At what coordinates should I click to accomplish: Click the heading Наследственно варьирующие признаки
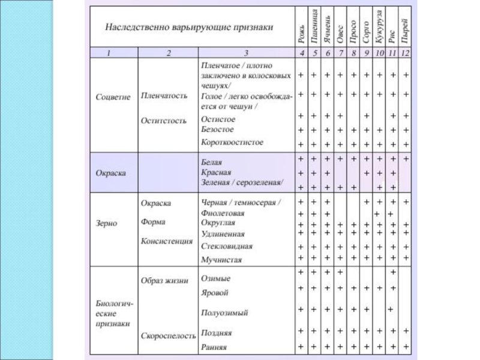tap(189, 27)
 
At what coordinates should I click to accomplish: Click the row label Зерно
tap(107, 223)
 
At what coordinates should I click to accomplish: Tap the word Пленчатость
tap(164, 95)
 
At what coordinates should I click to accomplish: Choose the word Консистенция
tap(166, 241)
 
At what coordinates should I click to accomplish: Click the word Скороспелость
tap(169, 337)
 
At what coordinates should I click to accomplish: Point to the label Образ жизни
tap(164, 280)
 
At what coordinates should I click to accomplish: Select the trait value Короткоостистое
tap(232, 143)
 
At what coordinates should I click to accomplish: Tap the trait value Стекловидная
tap(226, 246)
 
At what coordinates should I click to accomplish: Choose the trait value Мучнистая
tap(221, 260)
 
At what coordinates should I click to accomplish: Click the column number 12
tap(406, 53)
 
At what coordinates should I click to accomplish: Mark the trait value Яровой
tap(214, 293)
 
